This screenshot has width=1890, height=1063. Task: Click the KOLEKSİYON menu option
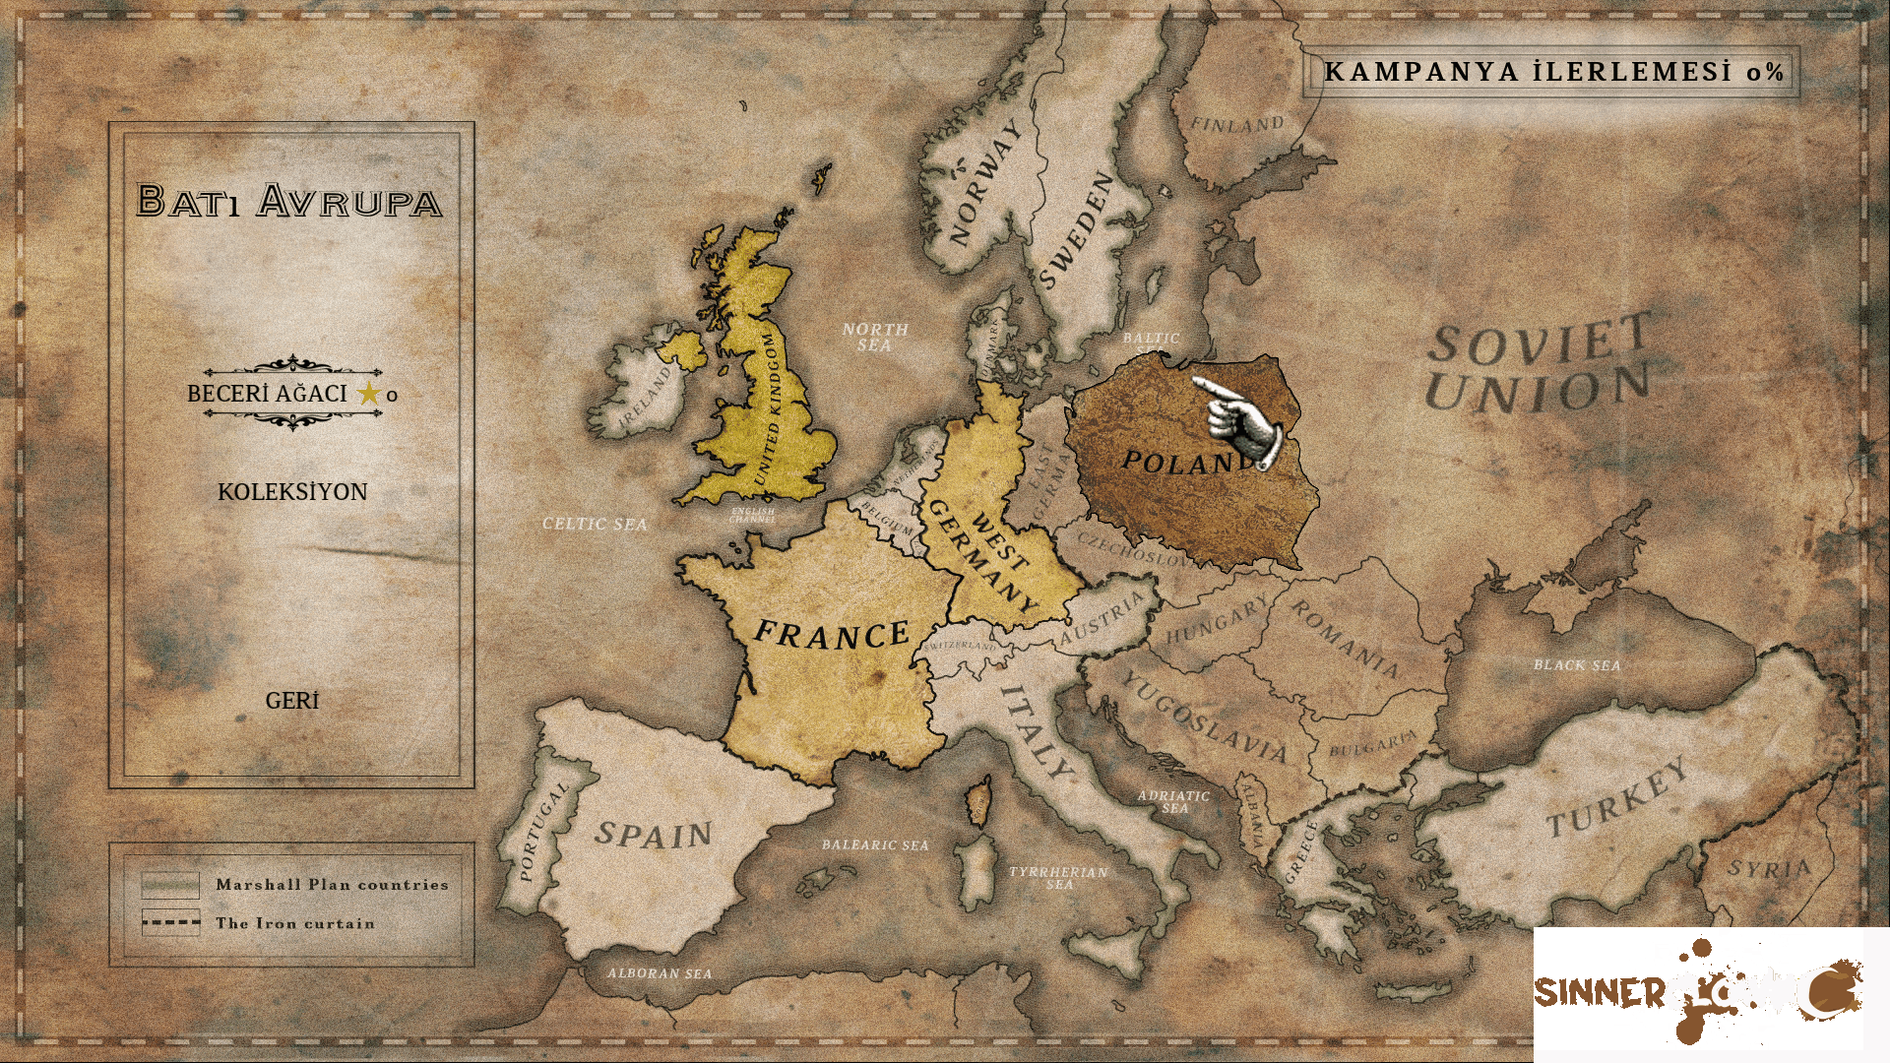coord(292,492)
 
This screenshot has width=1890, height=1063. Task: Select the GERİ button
coord(292,701)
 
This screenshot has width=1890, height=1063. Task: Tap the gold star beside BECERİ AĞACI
coord(369,394)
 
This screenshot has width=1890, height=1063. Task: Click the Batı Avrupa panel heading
coord(289,201)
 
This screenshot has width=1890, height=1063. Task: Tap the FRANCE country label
coord(832,635)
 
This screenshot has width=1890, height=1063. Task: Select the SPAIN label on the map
coord(653,835)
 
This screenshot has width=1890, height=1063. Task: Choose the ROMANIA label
coord(1344,640)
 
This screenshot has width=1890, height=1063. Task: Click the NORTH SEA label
coord(874,337)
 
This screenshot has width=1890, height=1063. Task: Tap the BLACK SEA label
coord(1576,665)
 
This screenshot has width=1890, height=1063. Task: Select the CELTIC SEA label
coord(595,524)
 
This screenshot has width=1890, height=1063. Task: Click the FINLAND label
coord(1237,125)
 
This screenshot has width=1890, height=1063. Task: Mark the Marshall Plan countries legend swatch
coord(170,884)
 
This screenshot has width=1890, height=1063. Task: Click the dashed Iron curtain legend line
coord(170,923)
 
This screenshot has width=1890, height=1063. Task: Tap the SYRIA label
coord(1769,869)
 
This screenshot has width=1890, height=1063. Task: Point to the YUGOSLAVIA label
coord(1204,719)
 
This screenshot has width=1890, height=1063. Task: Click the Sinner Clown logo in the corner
coord(1697,989)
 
